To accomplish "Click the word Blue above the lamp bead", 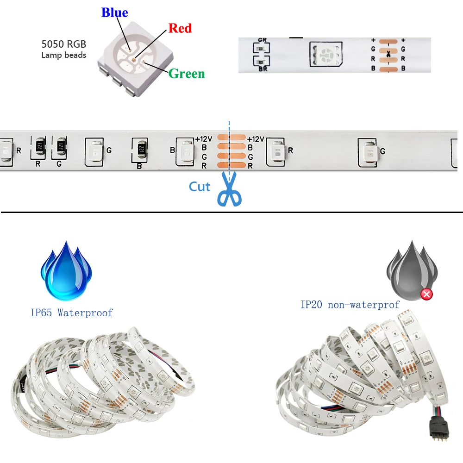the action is (114, 13).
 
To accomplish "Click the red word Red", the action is (180, 28).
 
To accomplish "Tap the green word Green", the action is (186, 74).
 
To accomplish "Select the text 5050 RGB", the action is (63, 44).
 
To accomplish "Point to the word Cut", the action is (200, 187).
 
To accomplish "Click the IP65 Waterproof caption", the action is (71, 313).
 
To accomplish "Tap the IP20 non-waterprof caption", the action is (350, 305).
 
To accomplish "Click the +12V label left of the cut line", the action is (203, 139).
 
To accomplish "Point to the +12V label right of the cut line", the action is (256, 139).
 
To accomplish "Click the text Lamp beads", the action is (63, 55).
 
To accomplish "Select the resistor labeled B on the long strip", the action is (139, 151).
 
